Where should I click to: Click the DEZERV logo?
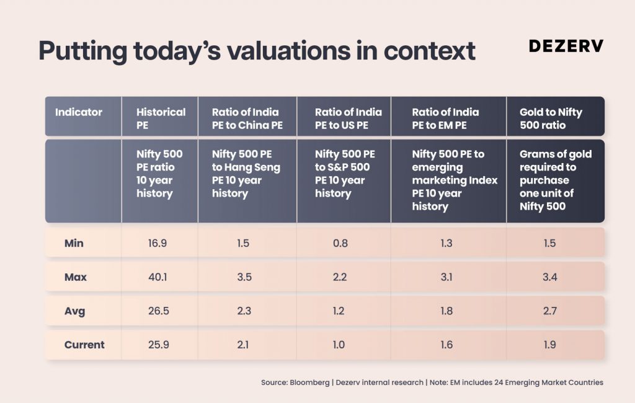(x=566, y=46)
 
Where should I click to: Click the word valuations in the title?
(x=289, y=51)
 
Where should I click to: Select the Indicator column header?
(x=79, y=112)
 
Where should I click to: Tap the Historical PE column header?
(x=161, y=118)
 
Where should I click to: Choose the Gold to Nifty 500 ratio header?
(x=551, y=118)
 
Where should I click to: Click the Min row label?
(x=74, y=243)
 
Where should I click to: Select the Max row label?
(x=75, y=277)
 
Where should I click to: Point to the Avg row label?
(x=74, y=311)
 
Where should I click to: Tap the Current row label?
(x=84, y=345)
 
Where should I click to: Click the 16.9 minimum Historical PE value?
(x=158, y=243)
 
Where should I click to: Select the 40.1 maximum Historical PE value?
(x=158, y=277)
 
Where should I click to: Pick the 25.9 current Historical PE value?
(x=158, y=345)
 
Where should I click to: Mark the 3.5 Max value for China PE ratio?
(x=244, y=277)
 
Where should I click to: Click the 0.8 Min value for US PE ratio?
(x=340, y=243)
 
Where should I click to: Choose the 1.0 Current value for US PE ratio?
(x=339, y=345)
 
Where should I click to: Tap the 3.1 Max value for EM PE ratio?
(x=446, y=277)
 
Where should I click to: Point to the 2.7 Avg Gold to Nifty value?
(x=549, y=311)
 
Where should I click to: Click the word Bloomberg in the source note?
(x=309, y=383)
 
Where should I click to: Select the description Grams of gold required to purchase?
(x=555, y=167)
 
